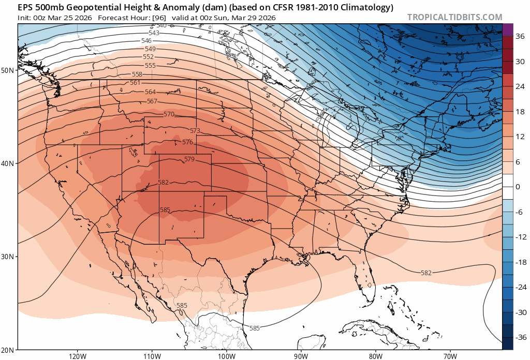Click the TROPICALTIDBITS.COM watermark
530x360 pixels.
click(454, 17)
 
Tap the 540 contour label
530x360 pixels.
click(161, 25)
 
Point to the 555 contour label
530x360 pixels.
click(150, 65)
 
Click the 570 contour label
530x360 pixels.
click(169, 114)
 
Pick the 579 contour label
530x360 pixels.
click(189, 159)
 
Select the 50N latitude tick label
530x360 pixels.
click(8, 70)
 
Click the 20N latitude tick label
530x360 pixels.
click(8, 350)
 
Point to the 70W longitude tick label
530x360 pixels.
click(450, 356)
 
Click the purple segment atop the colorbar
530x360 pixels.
click(508, 29)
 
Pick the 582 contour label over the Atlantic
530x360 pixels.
click(426, 273)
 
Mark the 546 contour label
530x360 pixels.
click(146, 40)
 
